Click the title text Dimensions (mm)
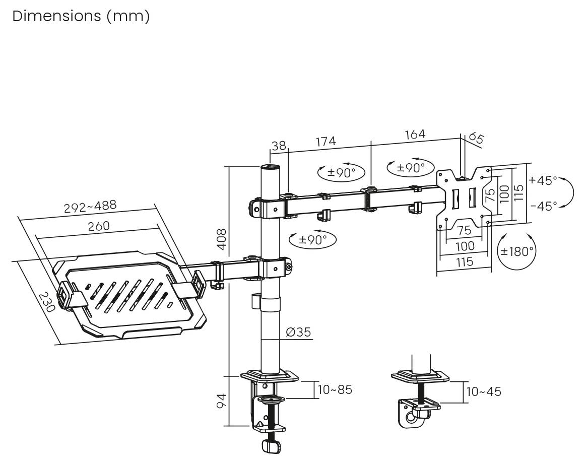81,16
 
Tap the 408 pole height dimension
222,239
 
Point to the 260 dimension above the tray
99,226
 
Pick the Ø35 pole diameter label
298,332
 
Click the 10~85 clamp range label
335,389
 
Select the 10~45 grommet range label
484,391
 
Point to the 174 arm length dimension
326,142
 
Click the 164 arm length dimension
415,135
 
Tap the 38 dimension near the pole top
278,146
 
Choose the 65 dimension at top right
476,138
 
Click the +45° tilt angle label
543,180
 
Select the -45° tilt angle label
543,206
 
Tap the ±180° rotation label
516,251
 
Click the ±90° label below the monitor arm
313,240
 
